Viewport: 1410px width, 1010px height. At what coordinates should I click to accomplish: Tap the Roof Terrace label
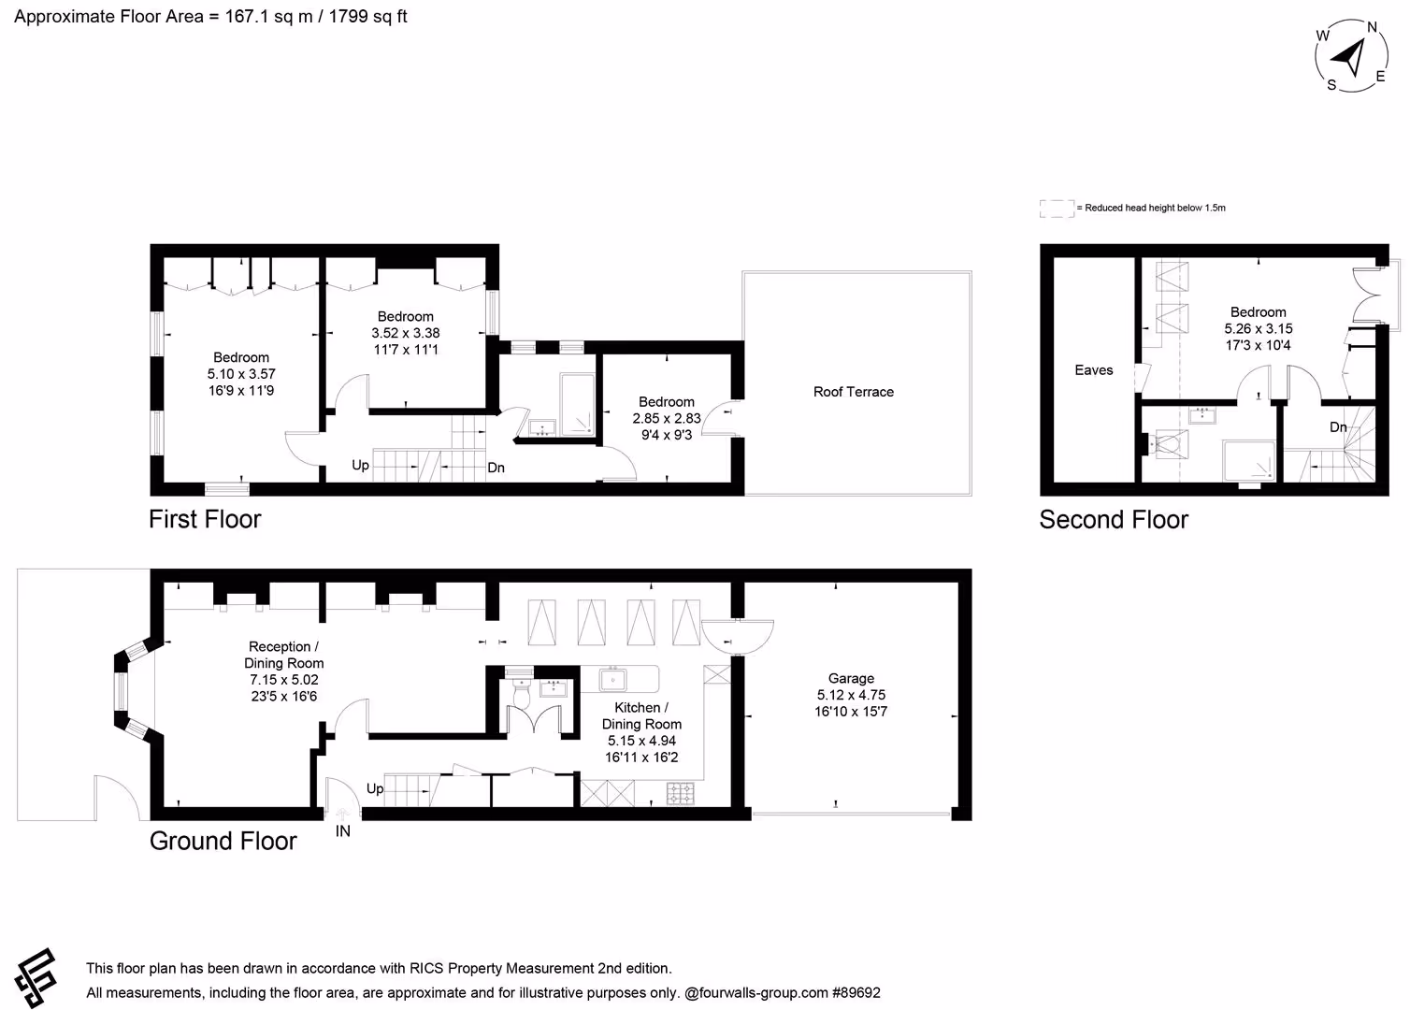pos(853,392)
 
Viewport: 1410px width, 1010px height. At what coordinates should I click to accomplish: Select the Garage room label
pos(851,678)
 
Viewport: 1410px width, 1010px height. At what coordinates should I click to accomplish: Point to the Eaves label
pos(1093,370)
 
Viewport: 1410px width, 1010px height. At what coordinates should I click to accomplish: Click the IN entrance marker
pos(342,831)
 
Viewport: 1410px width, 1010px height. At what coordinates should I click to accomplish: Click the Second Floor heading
pos(1114,519)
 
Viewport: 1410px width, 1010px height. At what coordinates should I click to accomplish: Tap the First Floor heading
pos(205,519)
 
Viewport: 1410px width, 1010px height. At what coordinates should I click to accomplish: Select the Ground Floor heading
pos(223,841)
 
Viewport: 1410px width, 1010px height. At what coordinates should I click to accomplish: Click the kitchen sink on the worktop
pos(612,680)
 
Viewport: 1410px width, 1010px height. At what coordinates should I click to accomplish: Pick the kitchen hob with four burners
pos(681,793)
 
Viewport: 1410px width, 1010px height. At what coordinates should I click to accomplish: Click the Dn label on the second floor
pos(1338,427)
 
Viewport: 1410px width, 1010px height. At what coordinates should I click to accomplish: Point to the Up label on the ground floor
pos(375,788)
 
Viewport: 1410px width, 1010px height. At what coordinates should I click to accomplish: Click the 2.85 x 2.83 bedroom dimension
pos(667,418)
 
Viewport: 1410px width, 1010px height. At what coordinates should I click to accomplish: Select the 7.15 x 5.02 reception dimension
pos(284,680)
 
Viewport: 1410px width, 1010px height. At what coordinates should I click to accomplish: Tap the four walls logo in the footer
pos(36,978)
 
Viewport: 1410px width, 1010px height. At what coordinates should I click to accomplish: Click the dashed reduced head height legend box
pos(1057,209)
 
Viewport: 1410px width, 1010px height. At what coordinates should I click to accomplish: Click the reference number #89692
pos(856,993)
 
